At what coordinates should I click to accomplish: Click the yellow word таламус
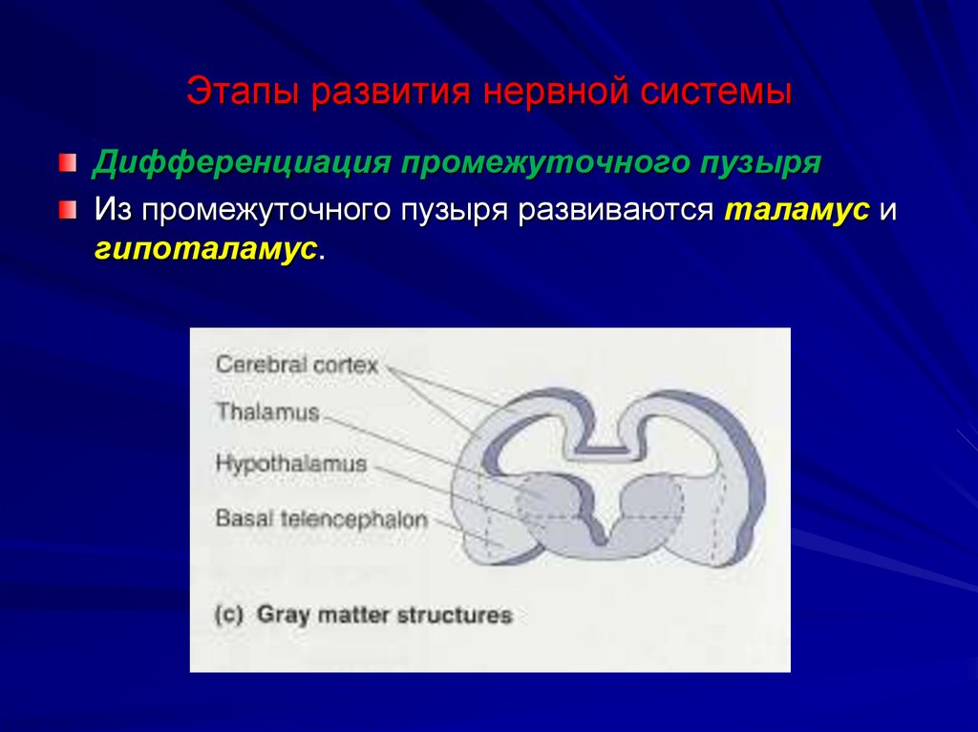tap(797, 209)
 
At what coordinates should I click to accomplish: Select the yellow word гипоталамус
tap(206, 248)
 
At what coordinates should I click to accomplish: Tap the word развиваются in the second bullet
tap(617, 209)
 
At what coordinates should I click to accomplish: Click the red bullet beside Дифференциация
tap(65, 161)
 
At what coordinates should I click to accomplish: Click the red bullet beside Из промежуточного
tap(65, 208)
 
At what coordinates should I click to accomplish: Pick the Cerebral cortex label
tap(297, 365)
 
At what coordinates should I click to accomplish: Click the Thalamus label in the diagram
tap(266, 412)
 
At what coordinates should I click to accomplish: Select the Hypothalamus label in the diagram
tap(291, 465)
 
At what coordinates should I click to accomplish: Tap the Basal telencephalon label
tap(321, 519)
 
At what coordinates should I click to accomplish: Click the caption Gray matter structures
tap(384, 615)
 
